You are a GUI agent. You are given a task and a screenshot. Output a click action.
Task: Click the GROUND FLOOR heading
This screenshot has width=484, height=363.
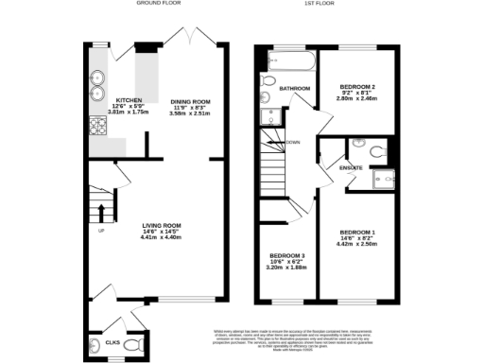(157, 4)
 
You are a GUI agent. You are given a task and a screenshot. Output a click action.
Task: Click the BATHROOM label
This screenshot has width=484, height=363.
(294, 89)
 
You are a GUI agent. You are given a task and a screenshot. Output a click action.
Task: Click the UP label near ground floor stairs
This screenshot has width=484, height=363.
(101, 231)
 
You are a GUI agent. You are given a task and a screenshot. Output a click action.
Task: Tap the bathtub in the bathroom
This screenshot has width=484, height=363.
(290, 62)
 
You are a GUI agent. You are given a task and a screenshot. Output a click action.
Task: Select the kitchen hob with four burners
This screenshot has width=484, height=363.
(97, 127)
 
